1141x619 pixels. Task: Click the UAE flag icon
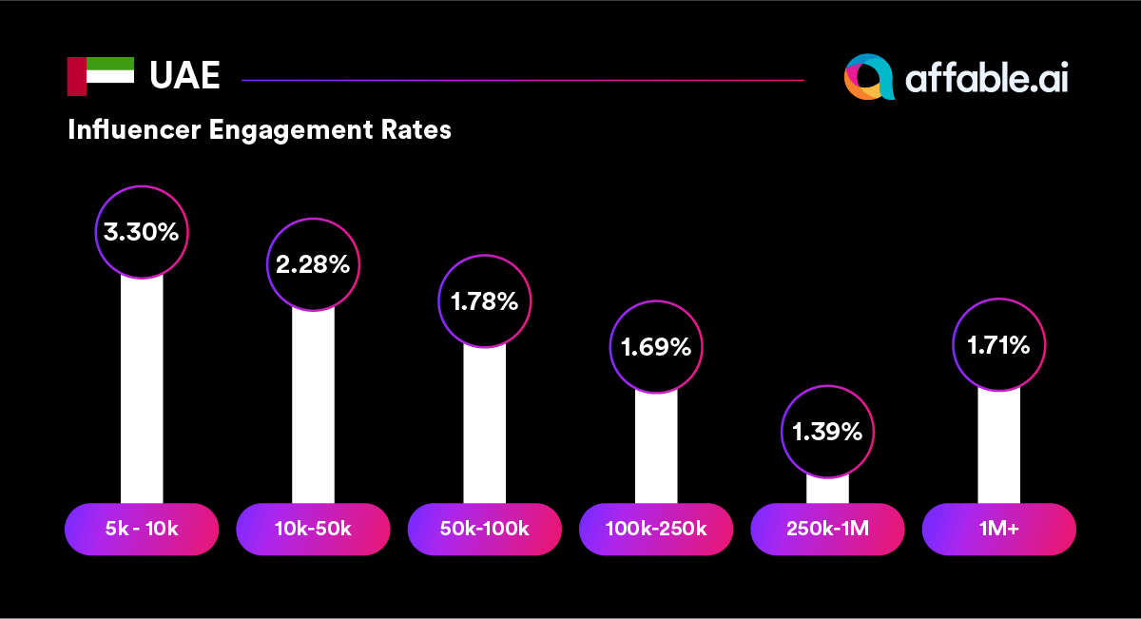(x=100, y=76)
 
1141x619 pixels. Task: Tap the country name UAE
(x=184, y=76)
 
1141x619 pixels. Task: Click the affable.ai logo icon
(x=869, y=77)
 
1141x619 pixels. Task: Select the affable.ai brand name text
(x=986, y=79)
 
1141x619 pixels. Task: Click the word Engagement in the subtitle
(x=285, y=130)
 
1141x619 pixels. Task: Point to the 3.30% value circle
(x=142, y=232)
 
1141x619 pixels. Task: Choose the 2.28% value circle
(x=313, y=264)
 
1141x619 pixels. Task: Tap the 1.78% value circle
(x=485, y=301)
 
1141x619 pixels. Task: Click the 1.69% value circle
(x=656, y=347)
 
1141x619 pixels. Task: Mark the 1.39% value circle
(x=827, y=432)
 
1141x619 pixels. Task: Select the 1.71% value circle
(x=998, y=345)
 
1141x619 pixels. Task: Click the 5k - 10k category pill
(x=142, y=529)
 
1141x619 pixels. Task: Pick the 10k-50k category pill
(x=313, y=529)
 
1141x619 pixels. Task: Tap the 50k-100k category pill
(x=485, y=529)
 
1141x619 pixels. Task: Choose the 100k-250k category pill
(x=656, y=529)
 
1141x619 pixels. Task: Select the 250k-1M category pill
(x=827, y=529)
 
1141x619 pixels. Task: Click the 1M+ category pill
(x=998, y=529)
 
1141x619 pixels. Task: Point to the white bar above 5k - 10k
(x=142, y=390)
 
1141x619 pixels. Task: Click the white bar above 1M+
(x=998, y=447)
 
